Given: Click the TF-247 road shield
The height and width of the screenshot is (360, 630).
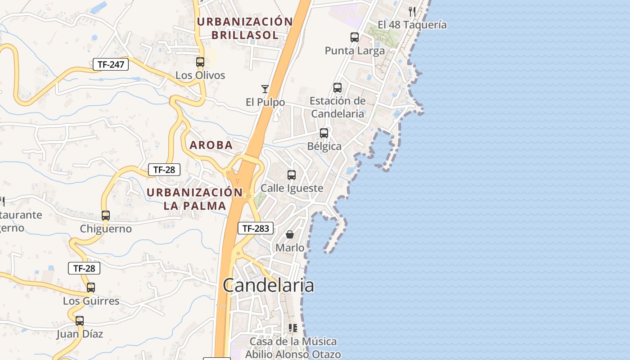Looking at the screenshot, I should click(111, 64).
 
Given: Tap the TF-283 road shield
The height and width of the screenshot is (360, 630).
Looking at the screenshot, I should click(256, 228).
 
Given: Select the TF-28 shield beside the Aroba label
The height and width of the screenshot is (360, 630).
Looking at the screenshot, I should click(164, 170).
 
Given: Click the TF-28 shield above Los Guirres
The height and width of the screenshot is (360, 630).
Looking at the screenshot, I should click(84, 268).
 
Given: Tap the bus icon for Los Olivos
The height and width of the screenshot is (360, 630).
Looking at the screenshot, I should click(200, 62).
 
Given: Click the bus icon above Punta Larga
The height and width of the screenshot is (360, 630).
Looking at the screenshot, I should click(355, 37).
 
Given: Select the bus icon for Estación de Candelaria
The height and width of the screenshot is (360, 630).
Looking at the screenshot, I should click(337, 88).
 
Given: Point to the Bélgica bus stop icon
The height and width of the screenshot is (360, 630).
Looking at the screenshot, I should click(324, 133).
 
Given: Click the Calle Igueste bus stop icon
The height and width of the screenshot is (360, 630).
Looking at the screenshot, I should click(292, 175).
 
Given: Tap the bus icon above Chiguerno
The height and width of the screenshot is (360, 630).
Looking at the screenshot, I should click(106, 216).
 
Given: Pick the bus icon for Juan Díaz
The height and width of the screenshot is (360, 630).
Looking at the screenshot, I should click(80, 321).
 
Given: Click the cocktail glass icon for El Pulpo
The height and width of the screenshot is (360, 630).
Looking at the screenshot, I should click(265, 89).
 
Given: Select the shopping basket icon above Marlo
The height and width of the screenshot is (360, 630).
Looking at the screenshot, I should click(290, 234).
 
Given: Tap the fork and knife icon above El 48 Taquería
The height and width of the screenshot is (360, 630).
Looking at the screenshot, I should click(412, 11).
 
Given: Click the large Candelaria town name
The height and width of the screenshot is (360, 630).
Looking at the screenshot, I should click(268, 285).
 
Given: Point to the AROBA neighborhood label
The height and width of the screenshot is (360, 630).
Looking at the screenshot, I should click(211, 145).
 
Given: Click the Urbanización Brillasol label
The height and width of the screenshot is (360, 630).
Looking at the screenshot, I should click(245, 28).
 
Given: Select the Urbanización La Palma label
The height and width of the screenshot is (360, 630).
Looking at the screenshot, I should click(194, 199).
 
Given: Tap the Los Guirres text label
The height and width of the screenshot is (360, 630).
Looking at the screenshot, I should click(91, 301).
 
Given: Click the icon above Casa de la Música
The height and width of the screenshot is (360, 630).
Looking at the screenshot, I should click(293, 328).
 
